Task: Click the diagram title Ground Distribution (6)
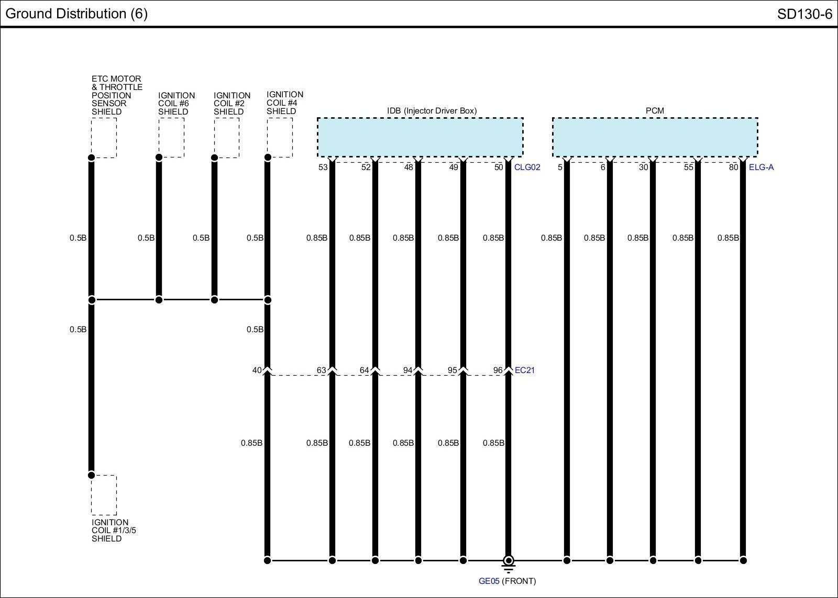click(x=76, y=14)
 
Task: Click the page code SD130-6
click(x=804, y=14)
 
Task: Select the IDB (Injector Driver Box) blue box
click(x=420, y=137)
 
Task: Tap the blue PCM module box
click(x=655, y=137)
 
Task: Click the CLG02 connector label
click(x=527, y=167)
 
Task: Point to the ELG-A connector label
click(x=761, y=167)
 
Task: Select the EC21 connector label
click(x=525, y=370)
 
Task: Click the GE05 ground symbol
click(x=508, y=562)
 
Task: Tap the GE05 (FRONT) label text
click(x=507, y=581)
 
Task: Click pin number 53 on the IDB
click(x=323, y=167)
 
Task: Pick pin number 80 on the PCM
click(x=733, y=167)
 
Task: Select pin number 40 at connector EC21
click(x=257, y=370)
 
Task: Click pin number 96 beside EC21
click(x=498, y=370)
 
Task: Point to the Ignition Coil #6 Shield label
click(x=177, y=104)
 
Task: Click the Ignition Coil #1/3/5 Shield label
click(x=110, y=531)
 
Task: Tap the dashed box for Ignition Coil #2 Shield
click(x=227, y=138)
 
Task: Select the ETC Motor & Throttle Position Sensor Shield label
click(x=117, y=95)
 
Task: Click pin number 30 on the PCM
click(x=643, y=167)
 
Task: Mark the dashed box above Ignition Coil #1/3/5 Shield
click(x=104, y=495)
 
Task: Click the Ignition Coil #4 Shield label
click(x=285, y=103)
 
